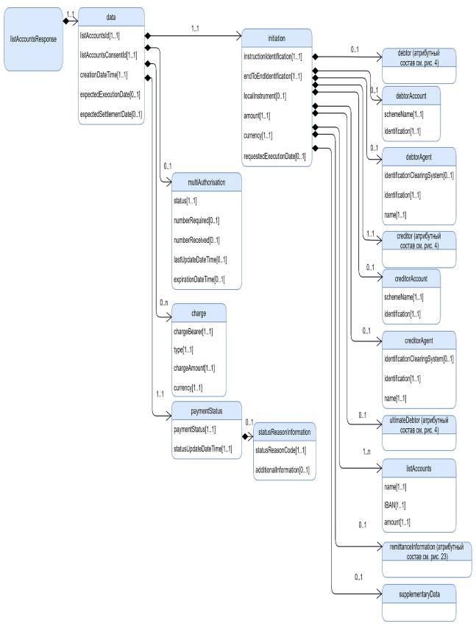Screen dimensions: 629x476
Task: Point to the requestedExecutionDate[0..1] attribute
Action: (x=274, y=156)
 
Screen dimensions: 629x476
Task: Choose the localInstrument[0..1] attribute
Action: (x=265, y=96)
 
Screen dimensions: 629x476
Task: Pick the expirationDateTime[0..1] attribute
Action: (x=199, y=280)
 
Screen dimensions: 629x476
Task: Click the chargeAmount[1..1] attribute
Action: (x=194, y=367)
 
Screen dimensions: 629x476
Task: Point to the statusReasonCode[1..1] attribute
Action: (x=281, y=449)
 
